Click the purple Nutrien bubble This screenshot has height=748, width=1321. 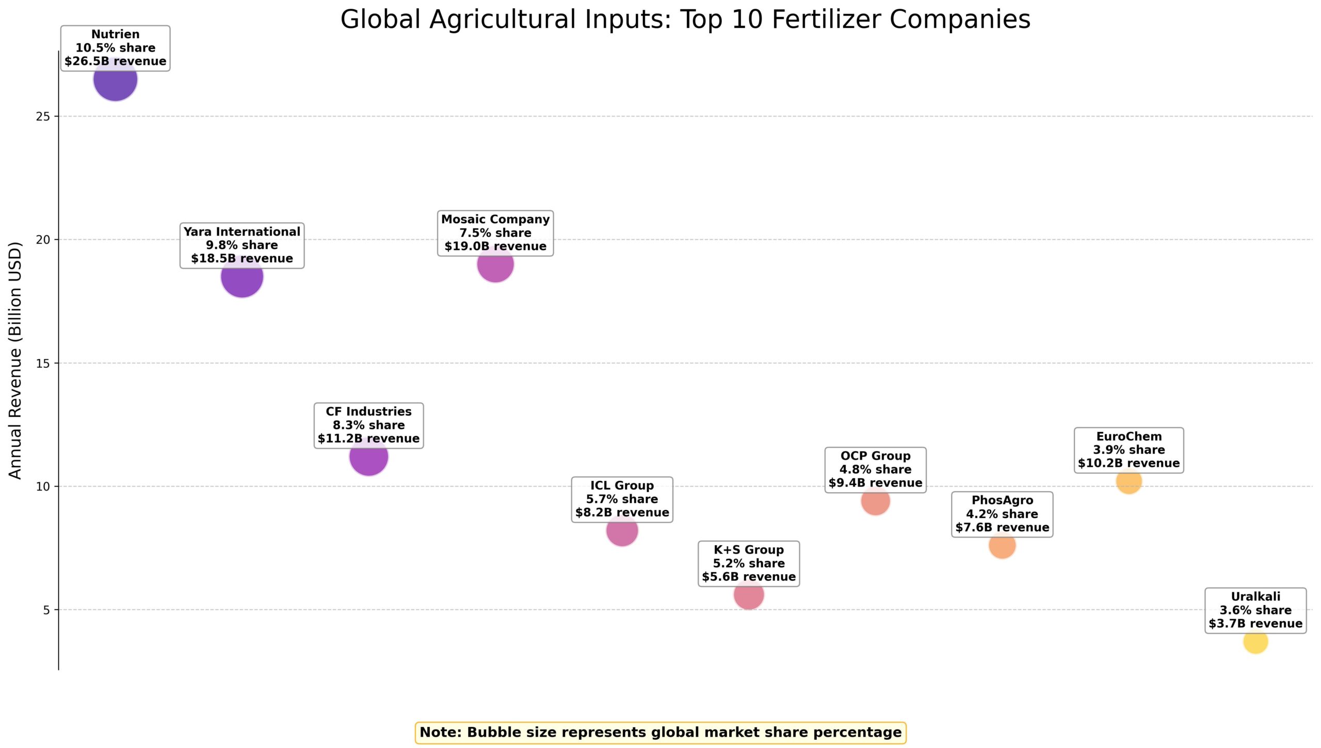click(x=115, y=83)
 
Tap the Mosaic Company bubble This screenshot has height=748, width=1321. click(x=495, y=266)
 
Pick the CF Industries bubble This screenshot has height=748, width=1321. click(x=368, y=458)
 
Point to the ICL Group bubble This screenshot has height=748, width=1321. click(x=622, y=531)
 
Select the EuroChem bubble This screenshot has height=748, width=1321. click(x=1129, y=482)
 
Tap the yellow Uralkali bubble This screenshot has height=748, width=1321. click(x=1255, y=642)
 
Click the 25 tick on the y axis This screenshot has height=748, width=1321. click(x=43, y=117)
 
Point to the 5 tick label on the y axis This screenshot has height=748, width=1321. click(x=46, y=610)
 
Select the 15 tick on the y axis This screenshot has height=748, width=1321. click(x=43, y=363)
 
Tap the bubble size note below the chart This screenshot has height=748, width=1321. click(x=660, y=733)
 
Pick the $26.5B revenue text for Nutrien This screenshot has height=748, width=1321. click(x=115, y=61)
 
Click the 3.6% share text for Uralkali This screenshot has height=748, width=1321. click(x=1255, y=610)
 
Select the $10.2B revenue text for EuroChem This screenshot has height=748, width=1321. click(x=1129, y=463)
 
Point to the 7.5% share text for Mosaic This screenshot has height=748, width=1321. click(x=495, y=233)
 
